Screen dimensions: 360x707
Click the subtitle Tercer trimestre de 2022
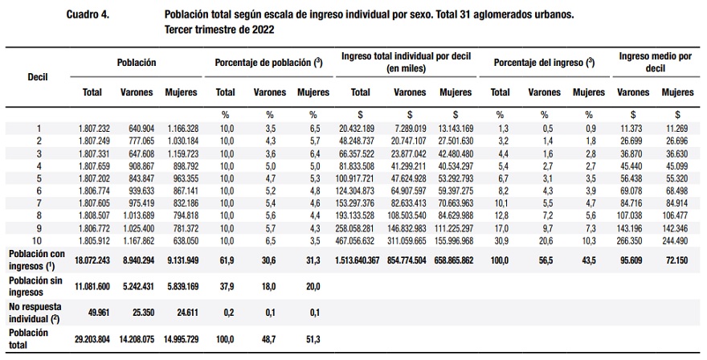click(x=218, y=29)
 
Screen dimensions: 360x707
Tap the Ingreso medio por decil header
click(x=656, y=63)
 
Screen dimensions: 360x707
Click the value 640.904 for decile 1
click(x=137, y=128)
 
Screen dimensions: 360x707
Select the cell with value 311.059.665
click(x=410, y=239)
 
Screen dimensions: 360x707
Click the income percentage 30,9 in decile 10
click(x=500, y=239)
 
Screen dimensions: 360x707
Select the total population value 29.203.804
click(x=92, y=339)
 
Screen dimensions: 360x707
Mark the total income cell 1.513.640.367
click(x=355, y=260)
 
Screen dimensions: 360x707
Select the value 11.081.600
click(x=92, y=285)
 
